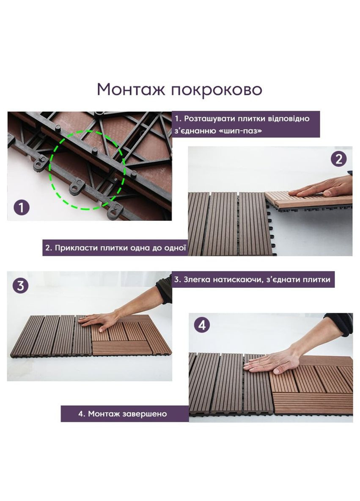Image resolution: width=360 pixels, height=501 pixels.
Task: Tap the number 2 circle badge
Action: click(338, 160)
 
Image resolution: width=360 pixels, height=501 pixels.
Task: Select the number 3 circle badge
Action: click(20, 286)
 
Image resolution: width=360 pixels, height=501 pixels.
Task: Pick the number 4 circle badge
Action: click(202, 325)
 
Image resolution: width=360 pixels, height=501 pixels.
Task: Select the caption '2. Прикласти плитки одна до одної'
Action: click(115, 248)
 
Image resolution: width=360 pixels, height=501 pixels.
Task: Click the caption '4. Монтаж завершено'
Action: click(122, 413)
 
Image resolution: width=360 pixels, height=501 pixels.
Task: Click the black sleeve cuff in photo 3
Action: click(164, 290)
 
